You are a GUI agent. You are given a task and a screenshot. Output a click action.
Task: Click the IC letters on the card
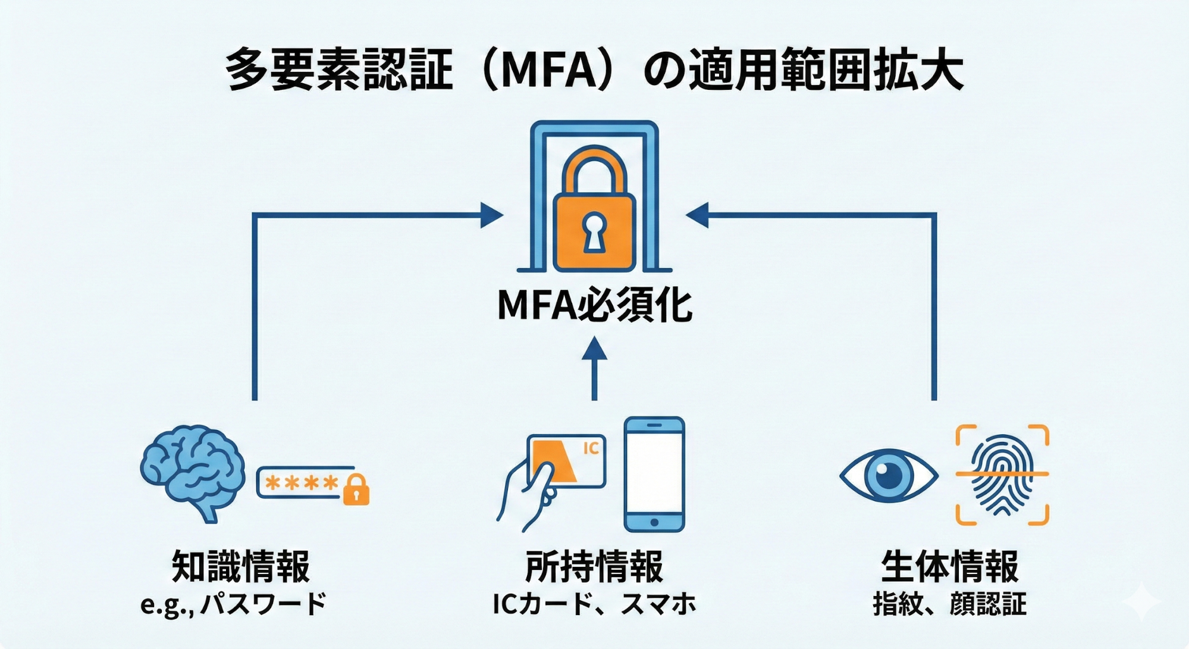(x=591, y=448)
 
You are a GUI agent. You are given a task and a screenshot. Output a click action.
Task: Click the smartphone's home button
(x=654, y=522)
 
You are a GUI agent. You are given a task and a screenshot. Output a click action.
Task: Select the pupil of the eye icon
(x=887, y=474)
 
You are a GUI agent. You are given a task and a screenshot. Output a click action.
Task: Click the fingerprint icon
(x=1002, y=474)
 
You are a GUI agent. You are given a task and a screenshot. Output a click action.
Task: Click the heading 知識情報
(x=241, y=566)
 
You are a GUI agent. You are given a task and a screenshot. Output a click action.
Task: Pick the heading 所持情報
(x=594, y=566)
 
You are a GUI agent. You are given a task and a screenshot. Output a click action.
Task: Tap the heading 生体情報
(x=950, y=566)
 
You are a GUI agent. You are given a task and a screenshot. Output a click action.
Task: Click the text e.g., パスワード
(x=234, y=604)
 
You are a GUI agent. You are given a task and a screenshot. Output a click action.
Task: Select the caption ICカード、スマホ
(x=594, y=604)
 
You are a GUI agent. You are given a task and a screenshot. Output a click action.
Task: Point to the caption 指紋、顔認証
(x=950, y=604)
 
